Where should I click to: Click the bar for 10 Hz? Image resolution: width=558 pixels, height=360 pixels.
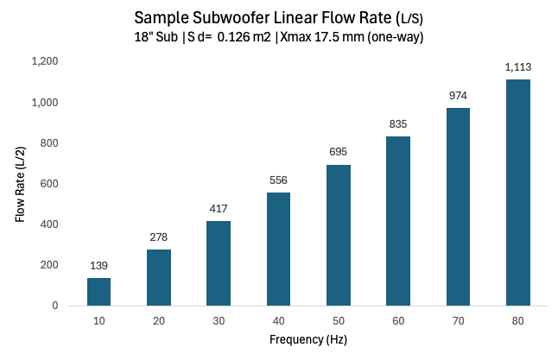[98, 291]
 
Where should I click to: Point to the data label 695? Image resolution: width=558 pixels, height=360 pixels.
[338, 152]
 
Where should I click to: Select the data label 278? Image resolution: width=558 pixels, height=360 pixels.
[158, 237]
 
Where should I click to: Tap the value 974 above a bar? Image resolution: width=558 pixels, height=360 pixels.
[458, 95]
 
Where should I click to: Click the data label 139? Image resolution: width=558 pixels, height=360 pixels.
[98, 265]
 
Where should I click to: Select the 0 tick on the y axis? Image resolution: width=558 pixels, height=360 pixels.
[55, 306]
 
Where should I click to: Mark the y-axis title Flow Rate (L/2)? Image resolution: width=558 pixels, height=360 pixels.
[20, 184]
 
